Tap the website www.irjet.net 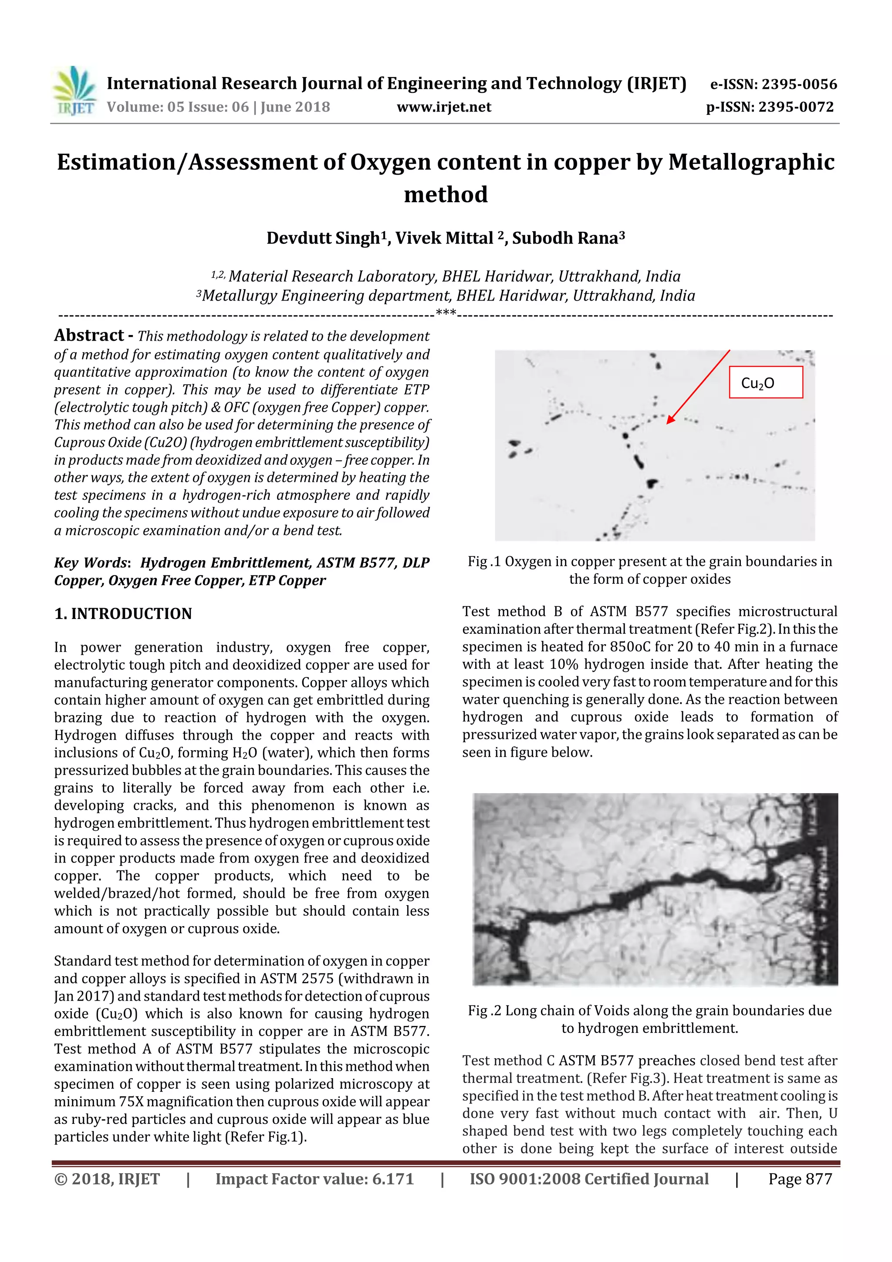[444, 107]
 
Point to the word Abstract [89, 335]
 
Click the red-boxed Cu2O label [765, 382]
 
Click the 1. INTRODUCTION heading [123, 614]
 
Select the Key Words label [91, 563]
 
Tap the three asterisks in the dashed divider [446, 313]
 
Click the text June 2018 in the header [295, 107]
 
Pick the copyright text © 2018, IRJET [107, 1179]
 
